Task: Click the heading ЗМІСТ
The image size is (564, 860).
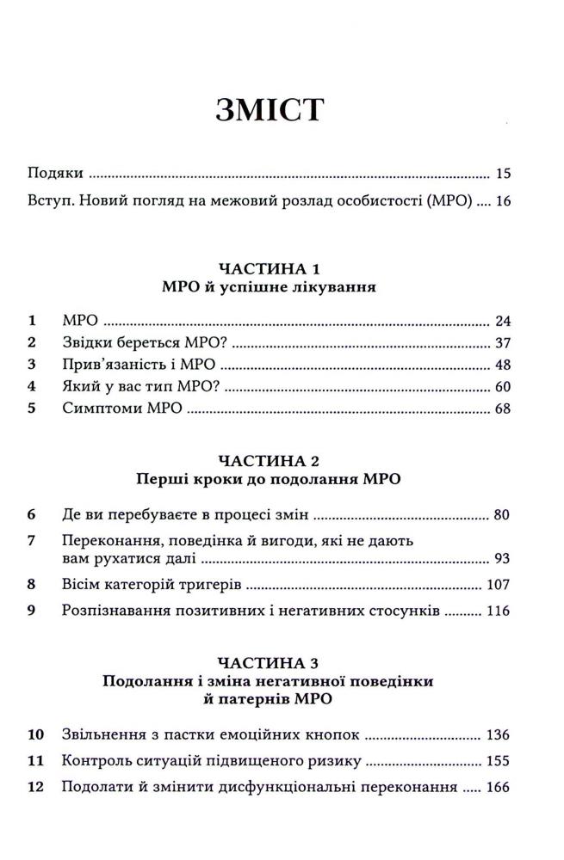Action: [x=281, y=113]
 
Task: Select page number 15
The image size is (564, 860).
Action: [x=504, y=174]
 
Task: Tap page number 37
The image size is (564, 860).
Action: [x=504, y=343]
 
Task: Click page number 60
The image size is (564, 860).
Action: [x=504, y=386]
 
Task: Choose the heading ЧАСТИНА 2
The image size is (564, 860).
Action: [x=282, y=459]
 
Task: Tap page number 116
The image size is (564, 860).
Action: [x=500, y=611]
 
